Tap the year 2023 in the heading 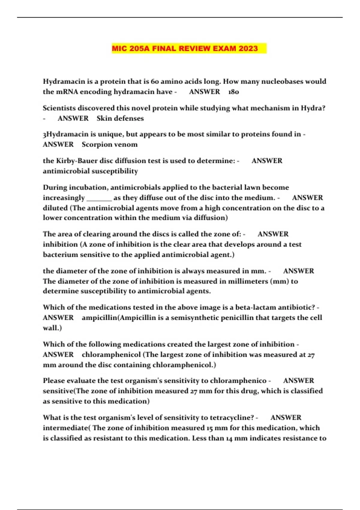coord(248,49)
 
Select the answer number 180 coord(233,92)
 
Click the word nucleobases coord(282,82)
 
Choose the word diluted coord(55,208)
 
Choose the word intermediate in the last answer coord(66,428)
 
